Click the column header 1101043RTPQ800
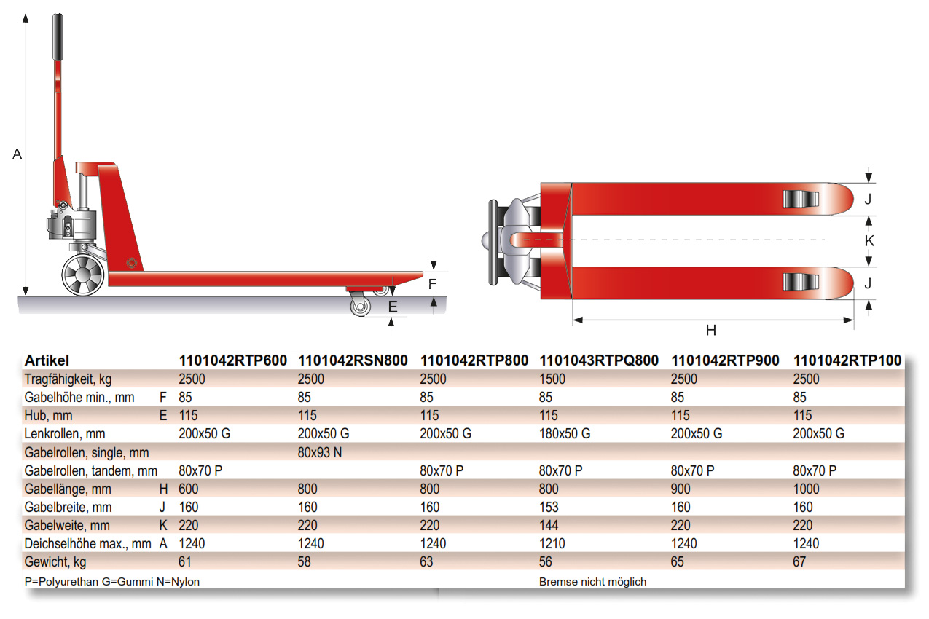(x=598, y=360)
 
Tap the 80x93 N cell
(x=321, y=452)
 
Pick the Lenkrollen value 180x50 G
(x=565, y=434)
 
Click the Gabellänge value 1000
(x=806, y=489)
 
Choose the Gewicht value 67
(x=799, y=562)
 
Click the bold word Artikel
(x=47, y=360)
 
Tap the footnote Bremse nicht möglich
(x=592, y=582)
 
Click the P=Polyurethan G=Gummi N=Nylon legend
(x=111, y=582)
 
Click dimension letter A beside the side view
(x=17, y=154)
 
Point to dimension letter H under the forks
(x=711, y=331)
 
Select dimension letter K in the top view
(x=869, y=241)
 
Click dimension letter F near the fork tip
(x=432, y=284)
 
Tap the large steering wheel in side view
(x=82, y=275)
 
